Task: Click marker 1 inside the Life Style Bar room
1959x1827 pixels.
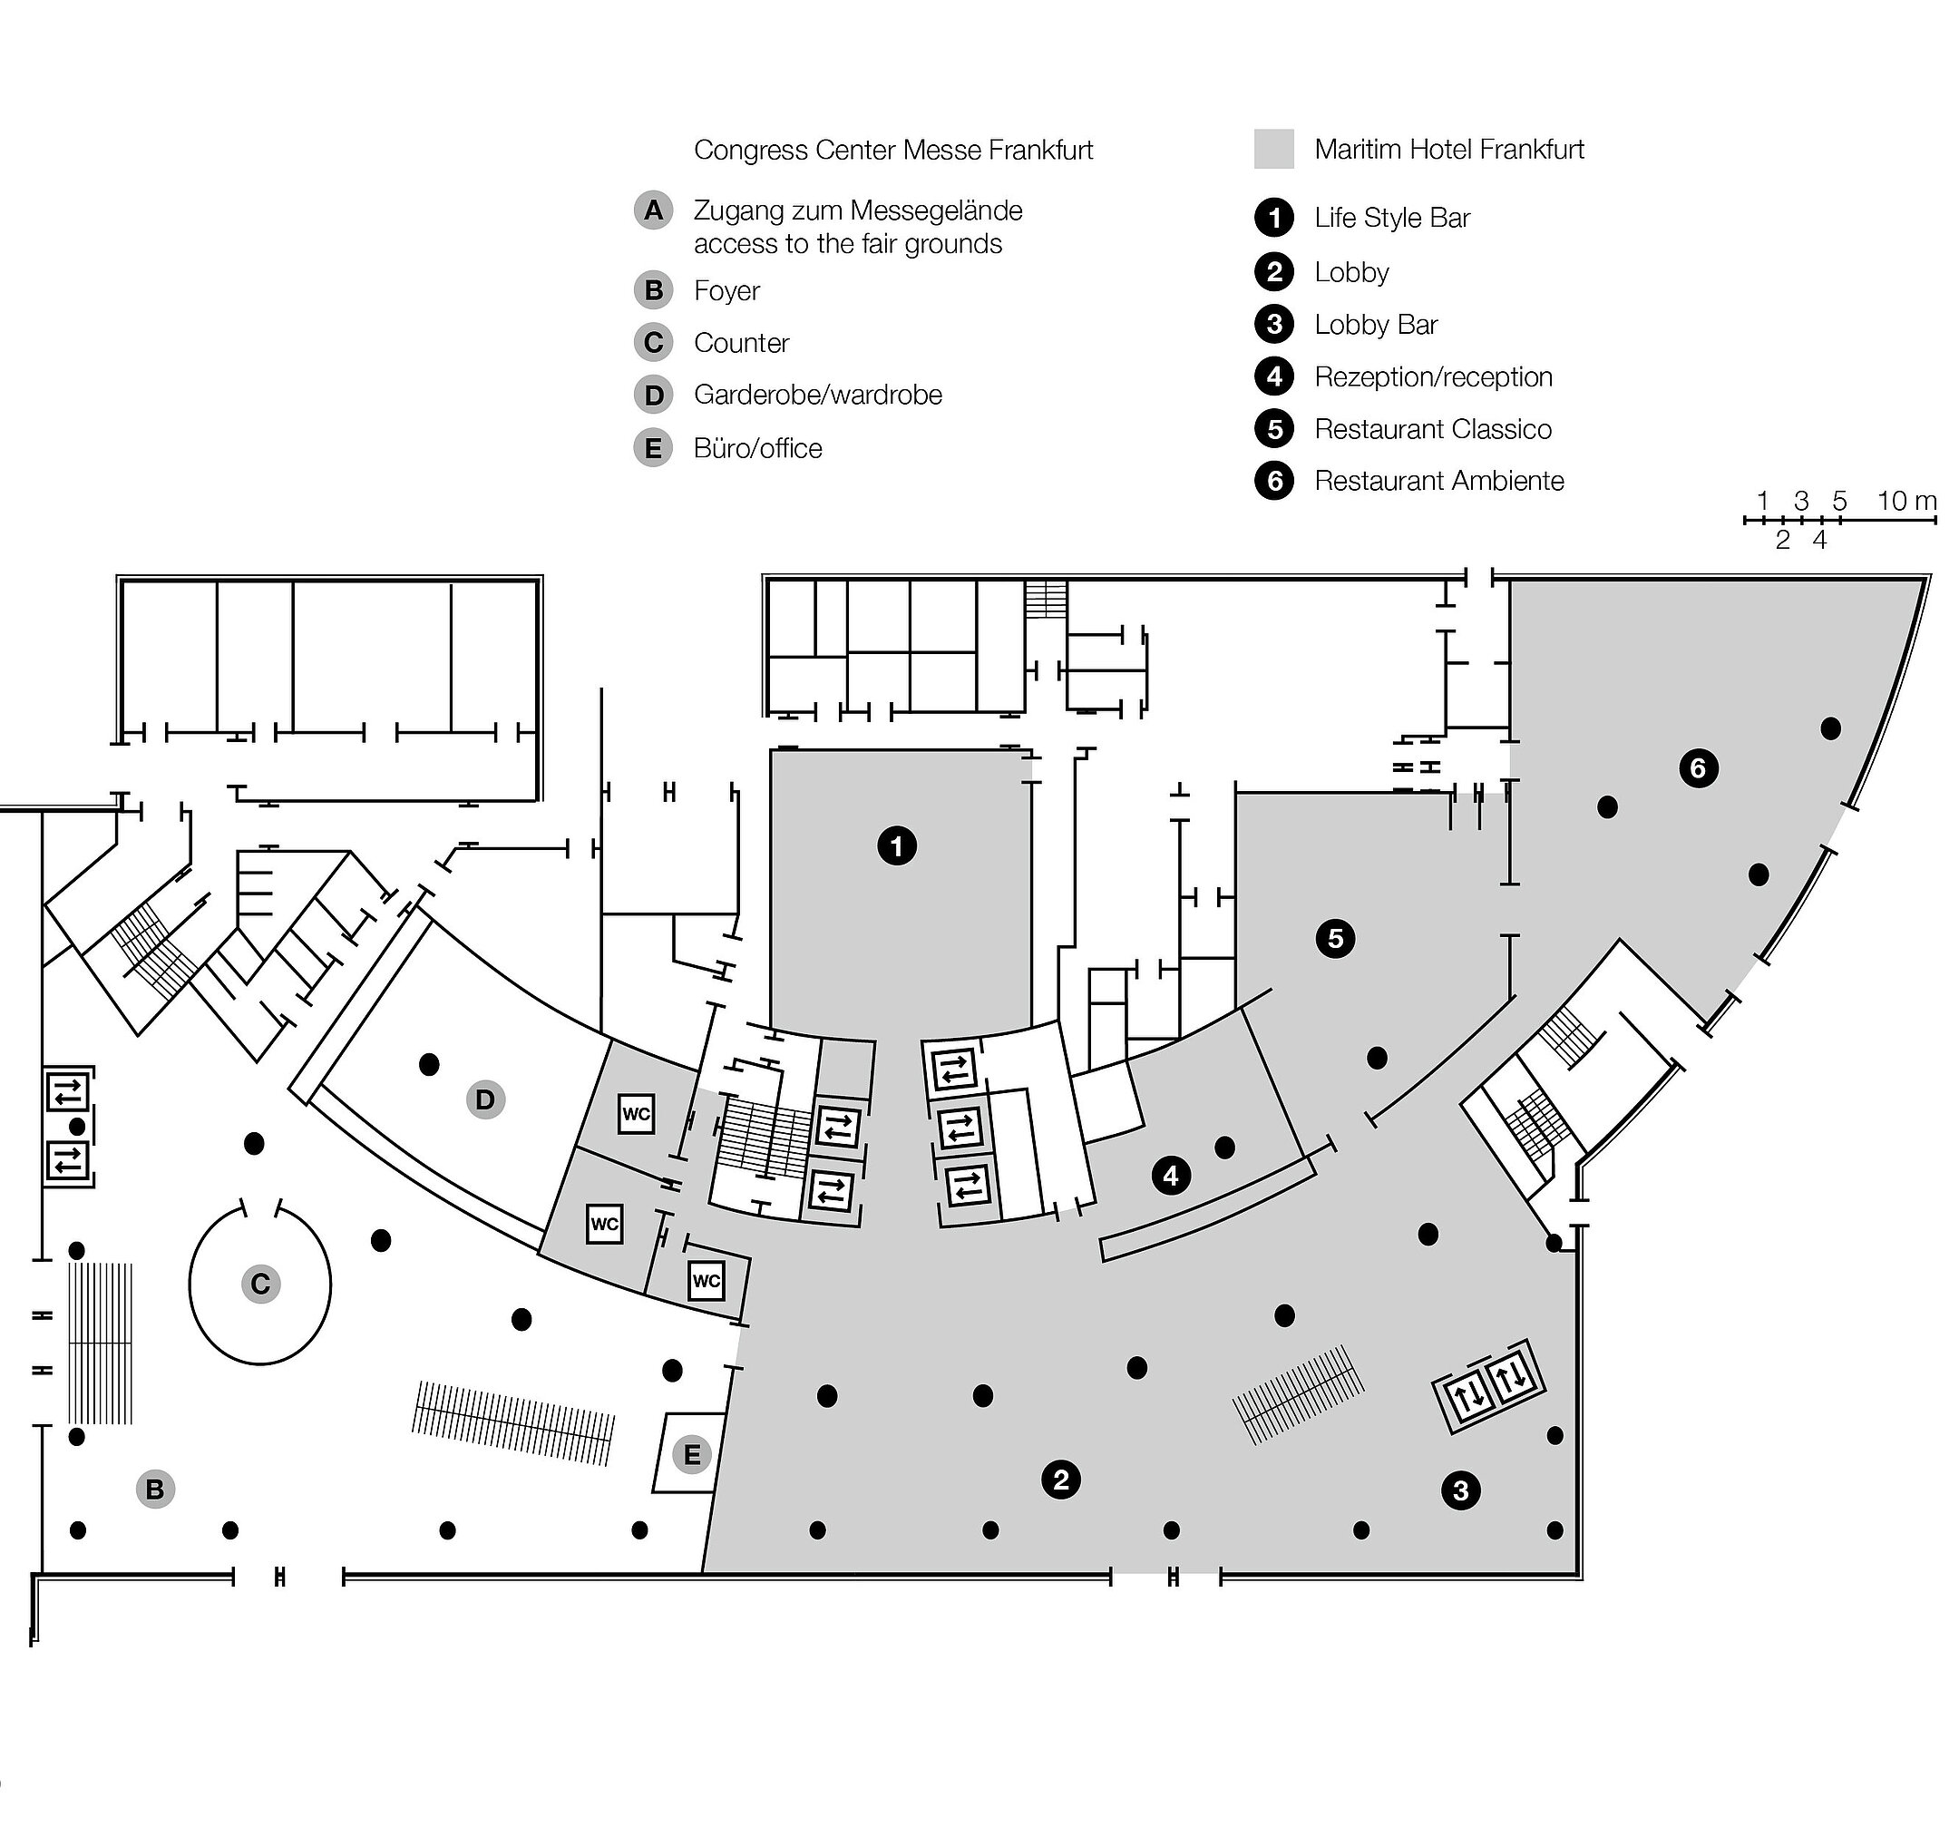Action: tap(896, 845)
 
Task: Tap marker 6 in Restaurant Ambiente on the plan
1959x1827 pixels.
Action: tap(1698, 767)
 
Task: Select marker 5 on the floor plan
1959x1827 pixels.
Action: tap(1335, 938)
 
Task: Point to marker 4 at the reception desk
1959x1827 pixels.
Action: tap(1171, 1176)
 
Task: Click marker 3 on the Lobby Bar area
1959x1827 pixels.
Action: tap(1460, 1490)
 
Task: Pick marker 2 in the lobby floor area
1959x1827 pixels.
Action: tap(1060, 1480)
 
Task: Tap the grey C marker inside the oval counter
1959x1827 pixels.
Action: tap(260, 1284)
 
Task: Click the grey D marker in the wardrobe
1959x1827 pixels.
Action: tap(485, 1099)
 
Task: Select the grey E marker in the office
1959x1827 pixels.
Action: tap(692, 1454)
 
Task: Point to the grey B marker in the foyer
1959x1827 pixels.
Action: tap(155, 1489)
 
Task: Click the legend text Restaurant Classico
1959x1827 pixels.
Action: tap(1433, 430)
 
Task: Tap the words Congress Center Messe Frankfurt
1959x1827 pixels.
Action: tap(892, 150)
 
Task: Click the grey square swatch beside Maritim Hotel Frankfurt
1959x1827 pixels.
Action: tap(1273, 149)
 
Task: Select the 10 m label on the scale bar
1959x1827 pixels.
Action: tap(1905, 501)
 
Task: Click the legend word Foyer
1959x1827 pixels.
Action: tap(726, 290)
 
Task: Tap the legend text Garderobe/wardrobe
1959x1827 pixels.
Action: tap(817, 396)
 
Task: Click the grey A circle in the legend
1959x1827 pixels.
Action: tap(652, 210)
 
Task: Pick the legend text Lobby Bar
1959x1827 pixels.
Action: tap(1376, 325)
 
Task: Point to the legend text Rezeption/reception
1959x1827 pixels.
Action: tap(1433, 377)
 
